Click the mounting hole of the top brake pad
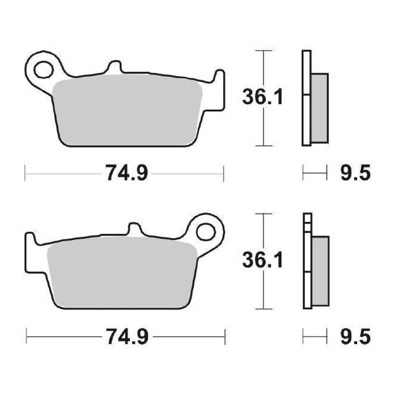click(43, 70)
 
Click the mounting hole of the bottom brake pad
click(206, 232)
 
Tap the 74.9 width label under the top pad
click(126, 173)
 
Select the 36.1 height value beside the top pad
click(263, 97)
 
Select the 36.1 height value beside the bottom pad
click(263, 261)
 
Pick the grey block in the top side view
click(319, 108)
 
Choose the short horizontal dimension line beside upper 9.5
click(314, 172)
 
